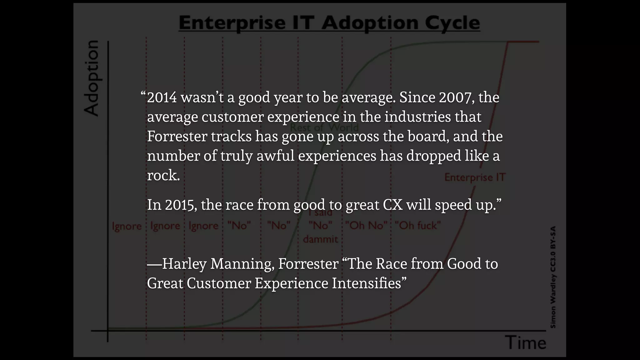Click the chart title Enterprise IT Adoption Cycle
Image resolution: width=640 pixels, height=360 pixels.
[329, 23]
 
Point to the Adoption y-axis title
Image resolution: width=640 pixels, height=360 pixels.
[91, 78]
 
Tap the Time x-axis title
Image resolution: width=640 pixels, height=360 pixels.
[526, 343]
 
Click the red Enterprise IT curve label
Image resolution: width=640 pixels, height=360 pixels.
[475, 177]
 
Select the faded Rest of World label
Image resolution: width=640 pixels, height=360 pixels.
[324, 127]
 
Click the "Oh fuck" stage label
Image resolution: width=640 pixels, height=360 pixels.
[418, 225]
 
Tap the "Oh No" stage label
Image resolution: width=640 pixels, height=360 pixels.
[366, 225]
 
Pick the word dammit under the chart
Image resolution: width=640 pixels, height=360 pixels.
[320, 239]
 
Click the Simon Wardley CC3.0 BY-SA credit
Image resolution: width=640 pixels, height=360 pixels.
[553, 277]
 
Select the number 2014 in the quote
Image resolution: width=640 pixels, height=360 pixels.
[162, 97]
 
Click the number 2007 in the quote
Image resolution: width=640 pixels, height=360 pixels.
[455, 97]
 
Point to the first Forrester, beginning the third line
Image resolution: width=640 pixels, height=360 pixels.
[177, 137]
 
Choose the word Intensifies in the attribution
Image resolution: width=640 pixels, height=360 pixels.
[366, 283]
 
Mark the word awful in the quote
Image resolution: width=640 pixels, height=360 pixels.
[275, 156]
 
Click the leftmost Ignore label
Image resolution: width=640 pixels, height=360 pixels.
[127, 226]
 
